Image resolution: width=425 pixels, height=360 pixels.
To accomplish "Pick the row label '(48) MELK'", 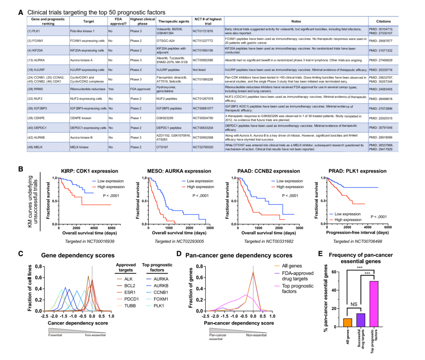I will (x=36, y=147).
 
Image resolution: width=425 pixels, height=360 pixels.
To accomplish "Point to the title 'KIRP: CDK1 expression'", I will (x=89, y=171).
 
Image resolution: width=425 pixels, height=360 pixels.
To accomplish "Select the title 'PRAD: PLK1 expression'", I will (x=356, y=171).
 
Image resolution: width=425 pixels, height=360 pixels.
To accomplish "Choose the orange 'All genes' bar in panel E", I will (x=347, y=323).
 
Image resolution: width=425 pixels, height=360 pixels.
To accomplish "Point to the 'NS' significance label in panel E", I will (x=354, y=304).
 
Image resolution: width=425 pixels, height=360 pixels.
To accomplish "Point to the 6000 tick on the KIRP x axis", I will (x=112, y=228).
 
